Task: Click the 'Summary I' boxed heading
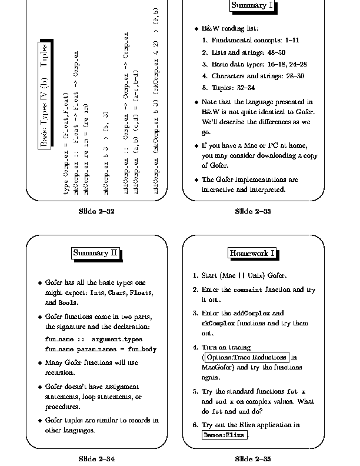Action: click(x=251, y=6)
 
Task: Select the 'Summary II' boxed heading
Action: click(x=95, y=253)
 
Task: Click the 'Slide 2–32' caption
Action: click(x=96, y=211)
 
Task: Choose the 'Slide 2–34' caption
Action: click(x=96, y=458)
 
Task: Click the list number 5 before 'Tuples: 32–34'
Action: click(x=205, y=88)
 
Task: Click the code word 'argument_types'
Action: click(x=118, y=339)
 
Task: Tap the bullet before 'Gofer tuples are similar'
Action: click(x=39, y=421)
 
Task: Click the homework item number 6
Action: click(x=195, y=425)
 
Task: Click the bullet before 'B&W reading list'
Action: click(x=196, y=28)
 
